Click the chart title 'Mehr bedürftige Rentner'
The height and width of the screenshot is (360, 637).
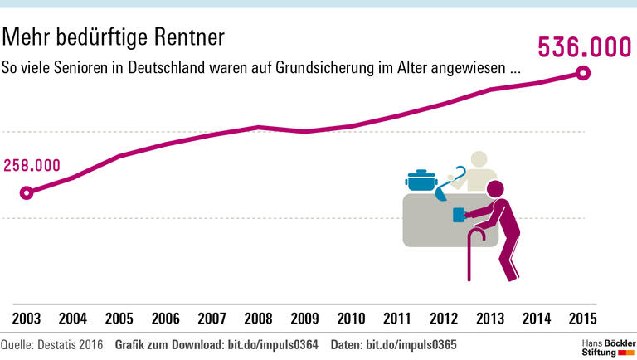pos(114,37)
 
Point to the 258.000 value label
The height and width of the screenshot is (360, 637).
pos(32,164)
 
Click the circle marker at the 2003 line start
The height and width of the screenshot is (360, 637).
pos(27,192)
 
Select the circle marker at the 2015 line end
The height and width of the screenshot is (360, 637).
pos(583,73)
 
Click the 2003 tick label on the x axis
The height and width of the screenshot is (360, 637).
pos(26,318)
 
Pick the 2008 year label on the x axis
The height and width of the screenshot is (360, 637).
pos(258,318)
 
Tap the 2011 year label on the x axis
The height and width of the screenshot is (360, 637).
pos(397,318)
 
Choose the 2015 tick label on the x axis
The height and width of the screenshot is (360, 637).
pos(583,318)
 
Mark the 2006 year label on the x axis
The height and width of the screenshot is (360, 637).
pos(165,318)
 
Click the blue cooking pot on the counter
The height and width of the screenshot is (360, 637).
pos(421,180)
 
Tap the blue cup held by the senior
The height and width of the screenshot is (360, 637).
pos(458,216)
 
